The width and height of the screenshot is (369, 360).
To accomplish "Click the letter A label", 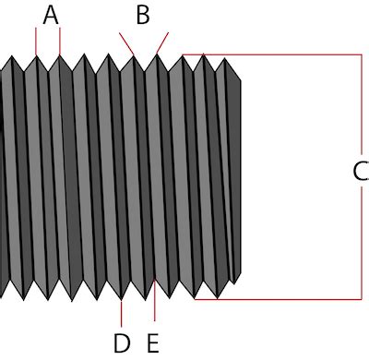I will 51,15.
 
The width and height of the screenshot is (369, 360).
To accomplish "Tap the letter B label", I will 143,15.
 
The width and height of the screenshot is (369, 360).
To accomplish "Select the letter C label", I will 360,171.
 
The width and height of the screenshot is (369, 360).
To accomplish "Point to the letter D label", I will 122,343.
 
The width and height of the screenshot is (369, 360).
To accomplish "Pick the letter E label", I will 153,343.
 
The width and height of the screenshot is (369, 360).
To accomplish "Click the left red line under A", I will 36,41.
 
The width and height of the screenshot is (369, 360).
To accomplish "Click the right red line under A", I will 60,41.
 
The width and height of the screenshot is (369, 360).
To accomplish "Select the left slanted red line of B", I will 128,44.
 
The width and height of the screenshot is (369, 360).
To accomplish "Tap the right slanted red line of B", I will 162,44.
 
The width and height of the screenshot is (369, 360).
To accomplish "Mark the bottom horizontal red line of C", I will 277,299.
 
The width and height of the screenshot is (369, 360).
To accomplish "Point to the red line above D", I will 122,313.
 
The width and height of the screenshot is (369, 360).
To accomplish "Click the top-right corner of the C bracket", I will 361,55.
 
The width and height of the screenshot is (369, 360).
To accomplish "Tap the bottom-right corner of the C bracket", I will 361,299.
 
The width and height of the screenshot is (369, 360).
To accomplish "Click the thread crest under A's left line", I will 36,57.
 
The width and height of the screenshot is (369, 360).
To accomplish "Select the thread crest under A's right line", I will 60,57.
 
